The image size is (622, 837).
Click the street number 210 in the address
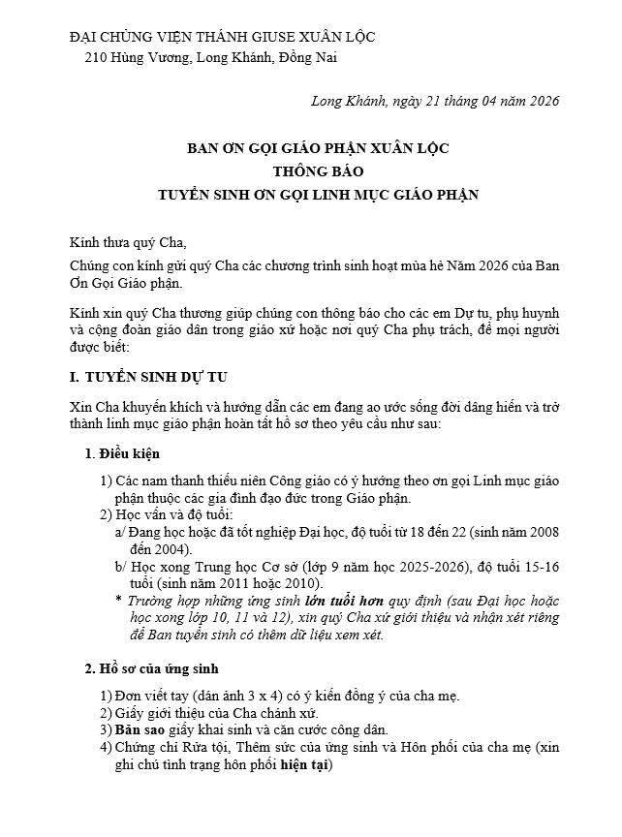click(x=96, y=58)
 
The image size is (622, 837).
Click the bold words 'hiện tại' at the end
click(x=305, y=765)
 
